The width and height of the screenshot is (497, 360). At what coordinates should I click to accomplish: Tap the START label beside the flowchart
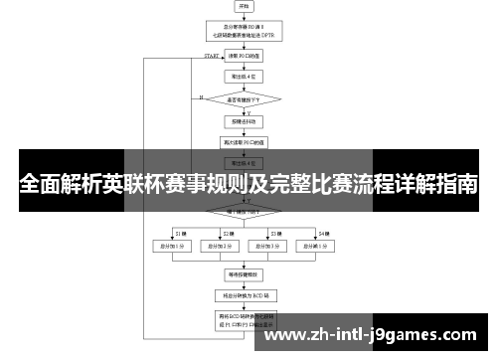point(211,56)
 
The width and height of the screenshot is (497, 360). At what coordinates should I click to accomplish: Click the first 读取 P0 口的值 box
point(245,57)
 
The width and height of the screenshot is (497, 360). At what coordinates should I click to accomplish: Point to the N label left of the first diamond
point(201,96)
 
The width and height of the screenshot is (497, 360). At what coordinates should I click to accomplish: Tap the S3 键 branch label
point(273,233)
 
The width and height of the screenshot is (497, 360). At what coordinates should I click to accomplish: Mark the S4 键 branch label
point(323,233)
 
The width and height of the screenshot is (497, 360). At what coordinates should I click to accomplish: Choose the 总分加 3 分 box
point(267,245)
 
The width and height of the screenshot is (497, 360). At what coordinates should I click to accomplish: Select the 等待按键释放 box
point(245,272)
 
